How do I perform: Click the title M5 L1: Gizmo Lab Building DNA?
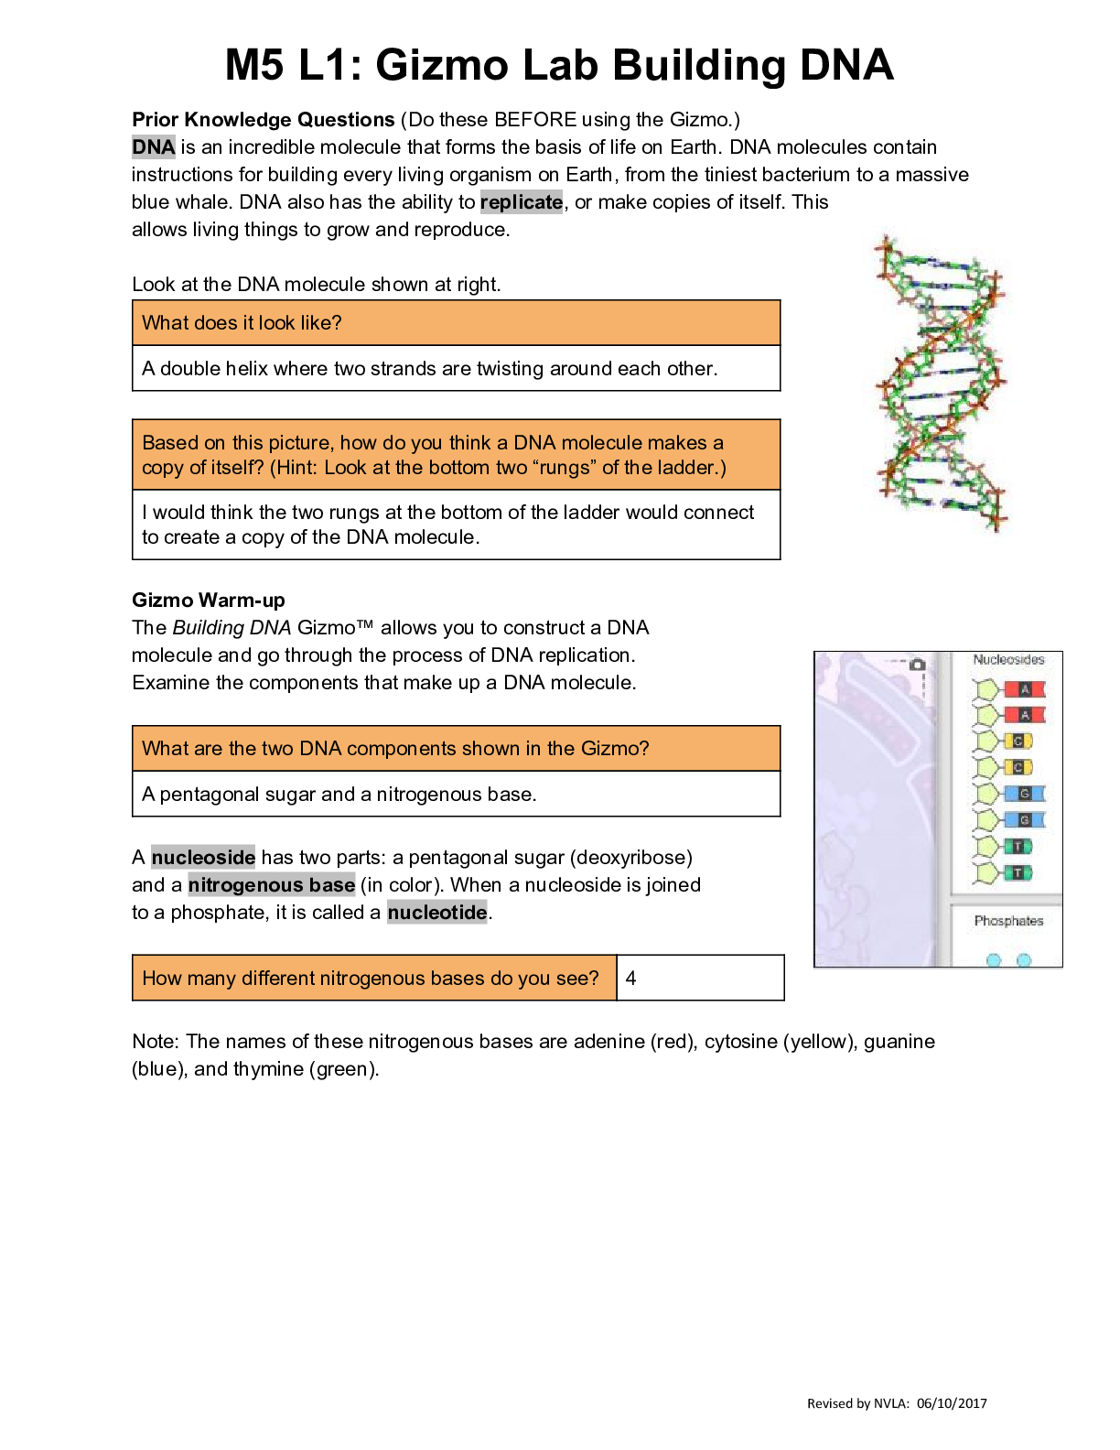pos(559,65)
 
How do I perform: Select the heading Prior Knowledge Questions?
pos(264,119)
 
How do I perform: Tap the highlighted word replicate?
pos(522,202)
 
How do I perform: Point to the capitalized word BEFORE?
pos(535,119)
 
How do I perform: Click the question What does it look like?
pos(242,323)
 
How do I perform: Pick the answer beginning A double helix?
pos(429,368)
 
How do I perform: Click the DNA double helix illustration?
pos(942,384)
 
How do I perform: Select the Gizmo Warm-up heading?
pos(208,601)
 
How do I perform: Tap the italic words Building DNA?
pos(232,628)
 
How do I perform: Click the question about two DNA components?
pos(395,749)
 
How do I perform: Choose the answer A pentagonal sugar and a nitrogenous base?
pos(339,794)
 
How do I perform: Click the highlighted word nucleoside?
pos(203,858)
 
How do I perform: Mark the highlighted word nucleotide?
pos(436,912)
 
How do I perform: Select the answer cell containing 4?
pos(700,978)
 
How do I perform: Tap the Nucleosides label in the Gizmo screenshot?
pos(1008,659)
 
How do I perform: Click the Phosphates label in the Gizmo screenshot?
pos(1008,921)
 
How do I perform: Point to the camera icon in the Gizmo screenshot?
pos(917,664)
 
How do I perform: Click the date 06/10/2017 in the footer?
pos(952,1403)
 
